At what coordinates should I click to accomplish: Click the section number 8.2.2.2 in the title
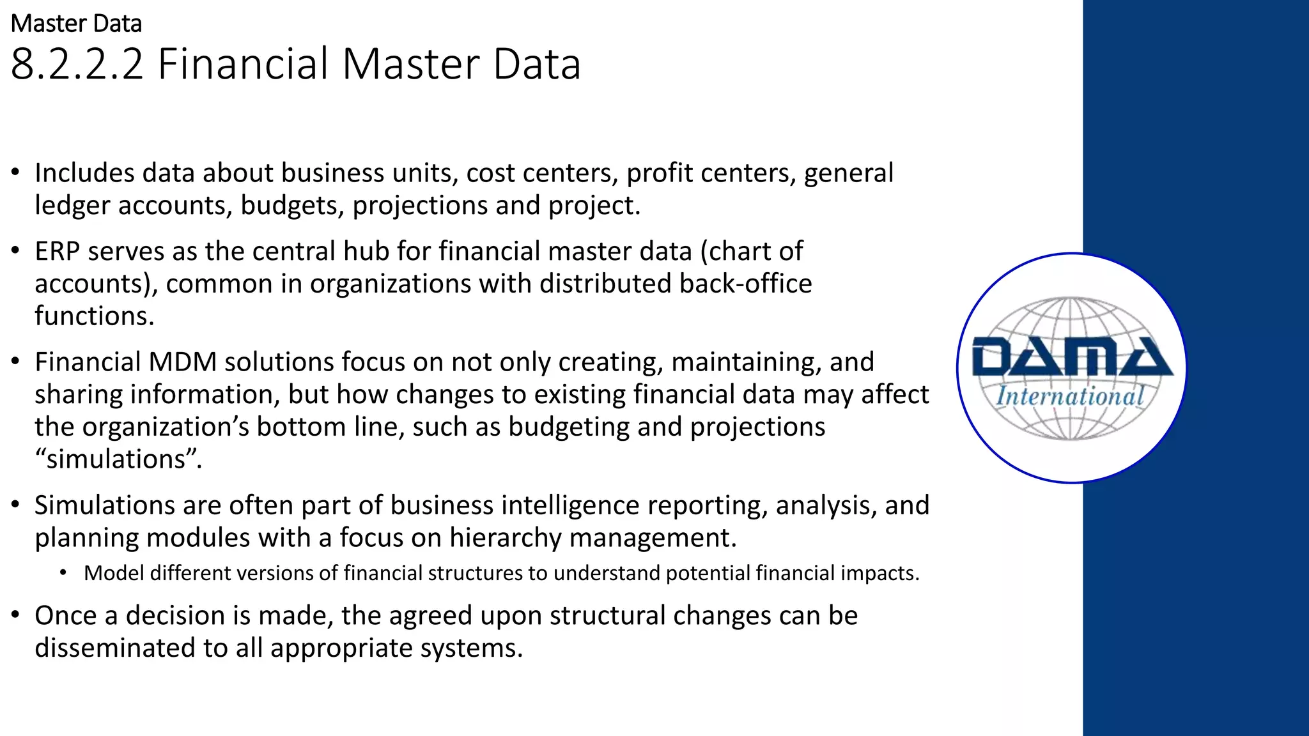(x=77, y=64)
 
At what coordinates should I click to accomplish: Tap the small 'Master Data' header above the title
(x=76, y=24)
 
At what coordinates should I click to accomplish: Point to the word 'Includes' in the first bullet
(x=84, y=173)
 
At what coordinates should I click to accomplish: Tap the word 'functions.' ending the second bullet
(x=95, y=316)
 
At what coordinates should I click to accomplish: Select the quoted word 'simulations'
(x=118, y=459)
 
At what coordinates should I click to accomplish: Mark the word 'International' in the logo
(x=1070, y=396)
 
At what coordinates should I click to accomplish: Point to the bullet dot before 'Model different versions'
(x=63, y=573)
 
